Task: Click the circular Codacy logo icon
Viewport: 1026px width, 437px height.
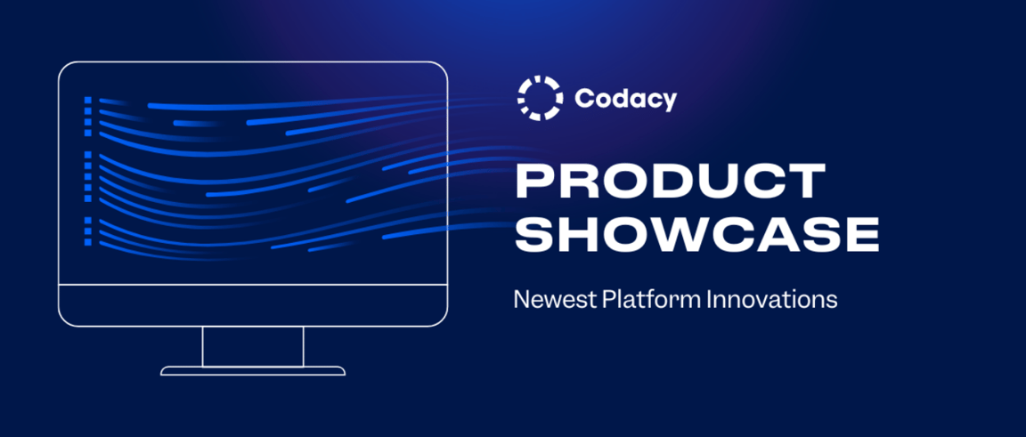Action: pyautogui.click(x=540, y=98)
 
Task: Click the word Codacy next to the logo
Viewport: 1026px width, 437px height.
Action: pyautogui.click(x=625, y=99)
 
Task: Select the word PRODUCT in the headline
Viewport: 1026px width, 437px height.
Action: pyautogui.click(x=671, y=181)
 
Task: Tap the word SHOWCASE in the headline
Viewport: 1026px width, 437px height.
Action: pyautogui.click(x=697, y=234)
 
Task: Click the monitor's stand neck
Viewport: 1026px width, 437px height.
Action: pyautogui.click(x=253, y=346)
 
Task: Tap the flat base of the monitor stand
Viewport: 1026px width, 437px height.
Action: pyautogui.click(x=253, y=370)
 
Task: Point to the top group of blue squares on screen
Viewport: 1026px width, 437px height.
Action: pyautogui.click(x=88, y=116)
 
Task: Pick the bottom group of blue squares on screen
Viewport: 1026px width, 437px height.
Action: pyautogui.click(x=88, y=230)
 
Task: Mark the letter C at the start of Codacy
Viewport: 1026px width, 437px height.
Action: pyautogui.click(x=584, y=99)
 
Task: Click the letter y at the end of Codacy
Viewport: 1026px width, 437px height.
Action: pyautogui.click(x=669, y=101)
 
